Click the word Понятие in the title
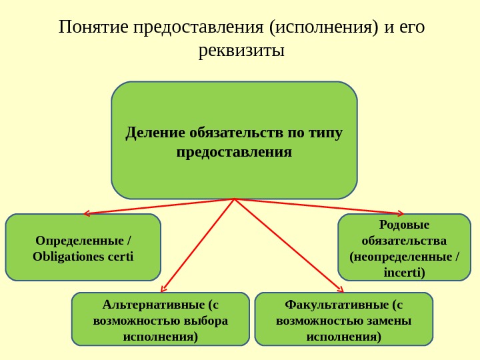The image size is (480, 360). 93,27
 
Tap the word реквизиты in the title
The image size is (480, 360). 241,50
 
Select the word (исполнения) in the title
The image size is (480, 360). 324,27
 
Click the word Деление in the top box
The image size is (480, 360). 155,133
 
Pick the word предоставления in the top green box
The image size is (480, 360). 234,153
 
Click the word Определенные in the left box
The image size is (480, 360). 79,240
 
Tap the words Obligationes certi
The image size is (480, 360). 83,256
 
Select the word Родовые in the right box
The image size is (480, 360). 404,225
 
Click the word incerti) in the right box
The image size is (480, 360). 404,272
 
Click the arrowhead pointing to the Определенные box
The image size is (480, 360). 85,214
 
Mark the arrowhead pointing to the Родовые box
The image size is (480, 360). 401,213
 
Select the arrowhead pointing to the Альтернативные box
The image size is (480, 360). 162,289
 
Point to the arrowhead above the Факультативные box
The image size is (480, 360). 341,290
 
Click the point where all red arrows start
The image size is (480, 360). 235,199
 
